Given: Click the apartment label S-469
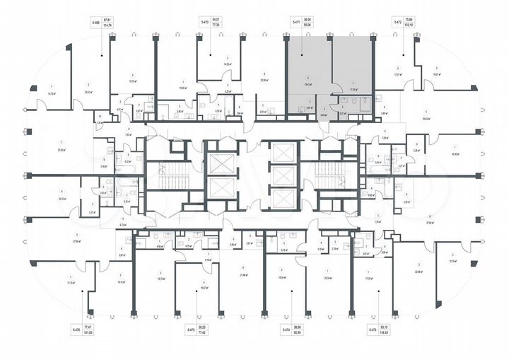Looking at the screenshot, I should (95, 23).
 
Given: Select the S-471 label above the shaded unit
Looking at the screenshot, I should (296, 23).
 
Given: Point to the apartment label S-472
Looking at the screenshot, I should (398, 23).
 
